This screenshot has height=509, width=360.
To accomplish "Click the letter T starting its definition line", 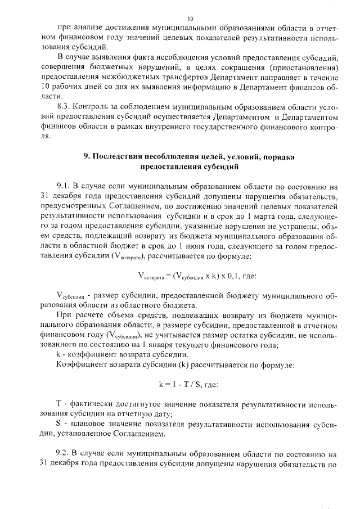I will click(60, 404).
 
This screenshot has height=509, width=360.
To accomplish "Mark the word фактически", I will click(91, 404).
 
